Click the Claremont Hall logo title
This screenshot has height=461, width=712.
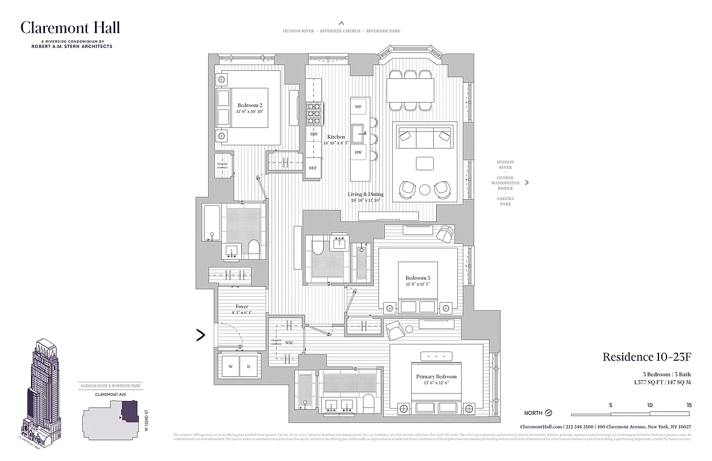click(x=70, y=27)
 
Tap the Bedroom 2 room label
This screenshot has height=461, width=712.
click(x=250, y=105)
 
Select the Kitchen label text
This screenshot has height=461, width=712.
click(x=336, y=136)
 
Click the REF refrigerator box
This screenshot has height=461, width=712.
click(x=313, y=168)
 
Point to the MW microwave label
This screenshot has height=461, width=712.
click(x=314, y=134)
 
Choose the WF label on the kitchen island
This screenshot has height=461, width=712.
click(x=358, y=107)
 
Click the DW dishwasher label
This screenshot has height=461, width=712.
click(x=358, y=152)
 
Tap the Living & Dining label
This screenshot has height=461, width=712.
click(x=365, y=194)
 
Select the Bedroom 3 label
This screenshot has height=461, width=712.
click(x=417, y=278)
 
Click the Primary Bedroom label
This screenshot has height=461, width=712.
click(x=436, y=377)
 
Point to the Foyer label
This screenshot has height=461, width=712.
click(x=242, y=307)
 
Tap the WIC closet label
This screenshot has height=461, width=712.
click(x=289, y=343)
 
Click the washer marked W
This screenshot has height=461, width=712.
click(x=230, y=366)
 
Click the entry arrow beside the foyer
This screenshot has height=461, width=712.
click(x=200, y=335)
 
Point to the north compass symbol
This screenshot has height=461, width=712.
click(x=548, y=413)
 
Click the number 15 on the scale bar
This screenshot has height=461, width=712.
click(x=688, y=405)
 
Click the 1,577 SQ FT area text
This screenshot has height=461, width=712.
click(x=647, y=382)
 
